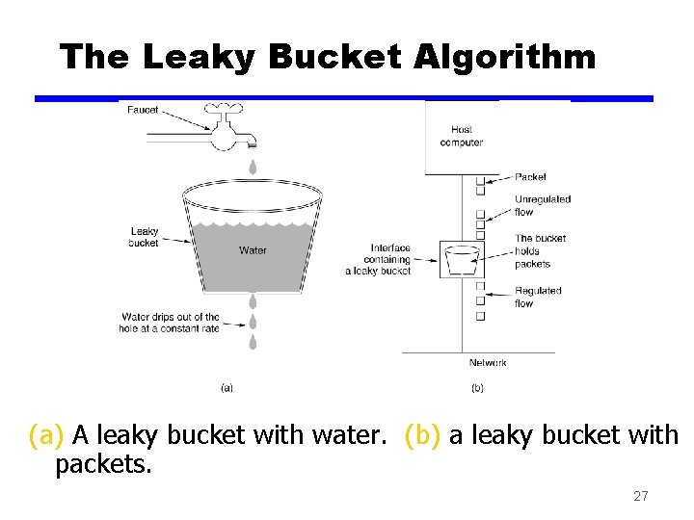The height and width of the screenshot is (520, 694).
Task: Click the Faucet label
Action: (x=143, y=110)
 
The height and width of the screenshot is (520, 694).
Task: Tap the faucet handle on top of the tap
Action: (x=227, y=109)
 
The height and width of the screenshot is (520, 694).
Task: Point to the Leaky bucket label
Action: (x=144, y=237)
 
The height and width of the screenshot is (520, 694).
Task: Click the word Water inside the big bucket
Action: (x=253, y=250)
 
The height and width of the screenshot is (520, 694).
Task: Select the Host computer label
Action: (x=461, y=137)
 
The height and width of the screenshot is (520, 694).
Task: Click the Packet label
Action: (x=530, y=177)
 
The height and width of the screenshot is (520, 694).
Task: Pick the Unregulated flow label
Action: (x=542, y=205)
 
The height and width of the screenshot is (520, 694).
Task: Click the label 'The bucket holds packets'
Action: (x=540, y=250)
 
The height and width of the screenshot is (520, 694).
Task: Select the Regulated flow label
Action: (x=537, y=297)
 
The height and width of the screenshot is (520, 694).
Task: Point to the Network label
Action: (x=488, y=363)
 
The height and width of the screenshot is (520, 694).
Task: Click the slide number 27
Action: (x=640, y=497)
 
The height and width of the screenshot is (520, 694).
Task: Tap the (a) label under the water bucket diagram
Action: (x=227, y=388)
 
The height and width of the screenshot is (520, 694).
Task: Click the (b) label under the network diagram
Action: (x=477, y=388)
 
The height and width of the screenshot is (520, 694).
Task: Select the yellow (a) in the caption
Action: (x=47, y=436)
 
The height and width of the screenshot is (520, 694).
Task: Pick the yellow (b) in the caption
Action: (x=423, y=436)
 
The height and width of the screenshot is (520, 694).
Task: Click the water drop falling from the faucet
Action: (x=253, y=167)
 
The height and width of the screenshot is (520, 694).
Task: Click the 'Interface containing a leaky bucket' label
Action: (x=378, y=259)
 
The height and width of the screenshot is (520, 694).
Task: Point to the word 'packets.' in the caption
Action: (x=104, y=465)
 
